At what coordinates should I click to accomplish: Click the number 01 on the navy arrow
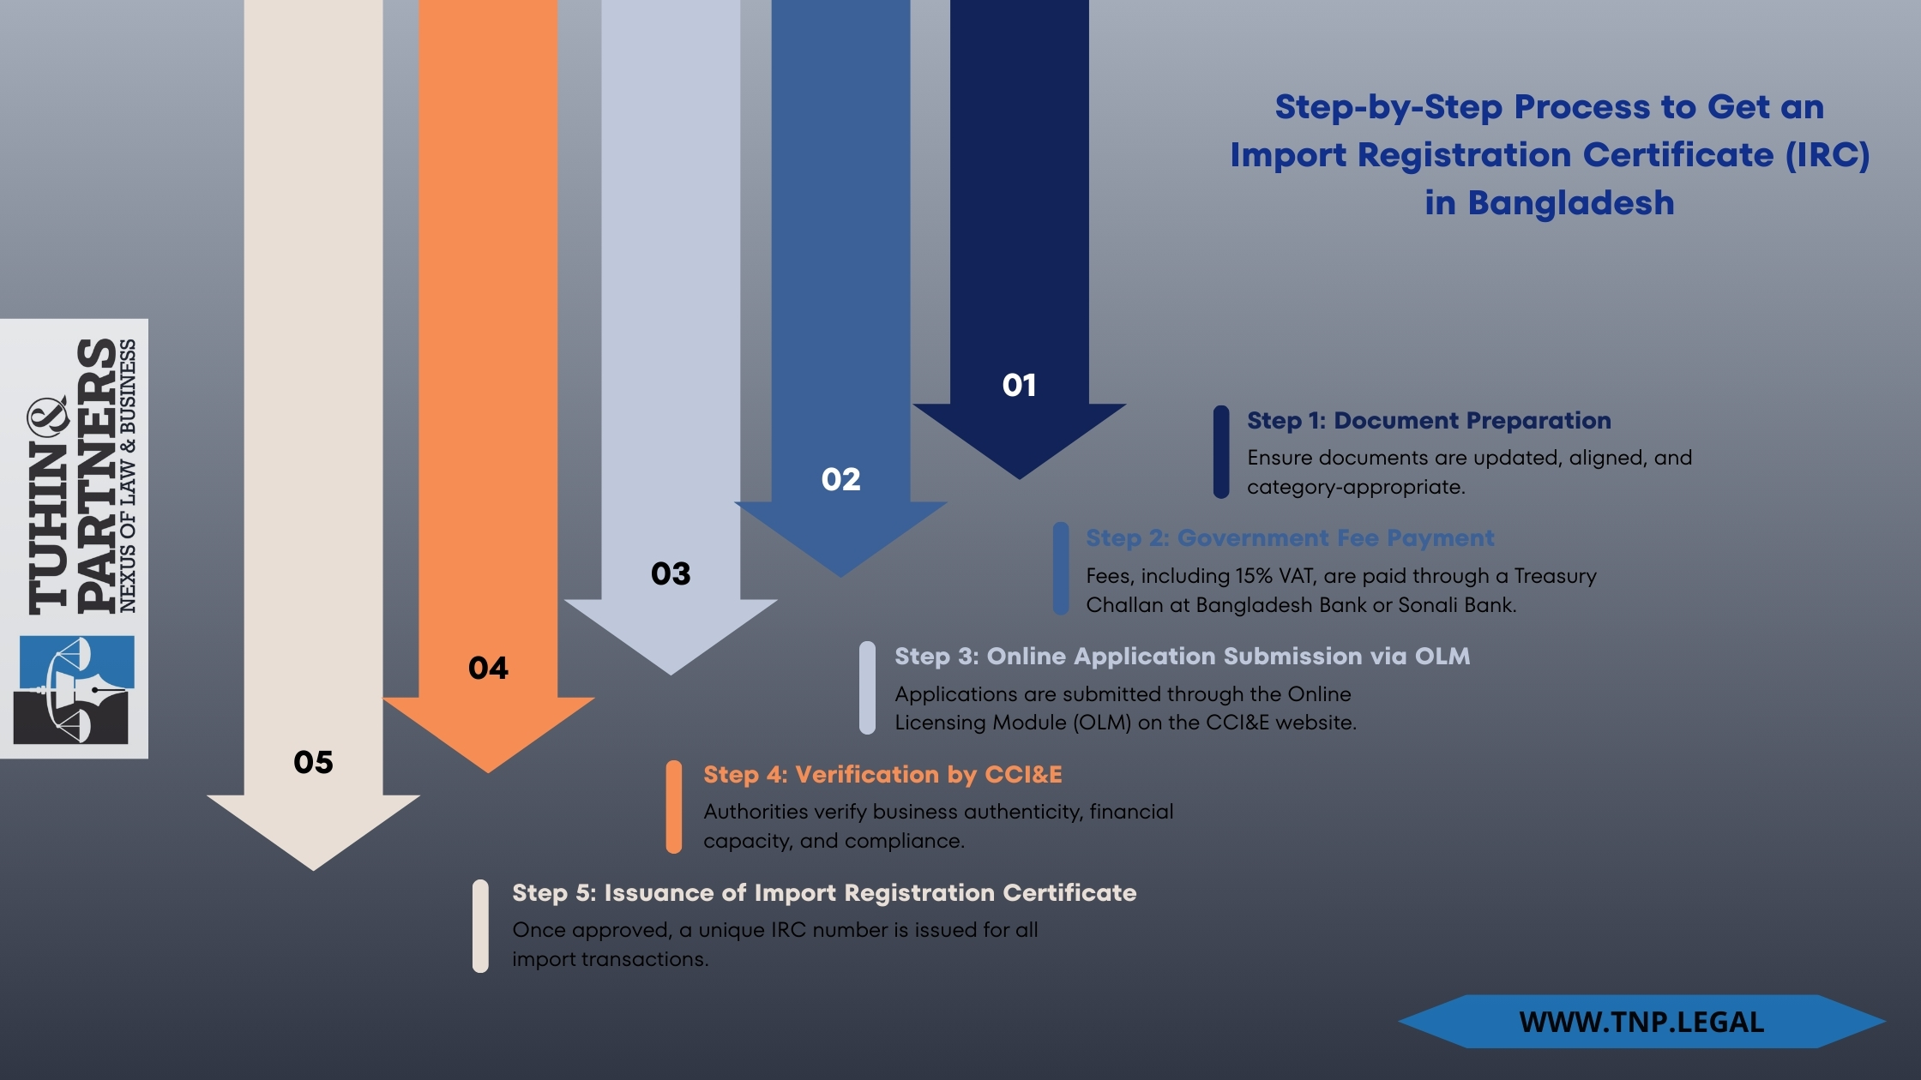point(1019,385)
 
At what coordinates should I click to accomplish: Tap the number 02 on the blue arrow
point(840,479)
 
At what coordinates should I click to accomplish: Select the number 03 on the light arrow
point(671,573)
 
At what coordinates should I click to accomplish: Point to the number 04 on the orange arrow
point(488,668)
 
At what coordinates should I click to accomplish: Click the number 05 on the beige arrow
point(313,762)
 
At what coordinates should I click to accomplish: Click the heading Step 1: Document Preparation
point(1428,421)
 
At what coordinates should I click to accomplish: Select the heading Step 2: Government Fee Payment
point(1289,538)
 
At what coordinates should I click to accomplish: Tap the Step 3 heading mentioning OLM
point(1182,657)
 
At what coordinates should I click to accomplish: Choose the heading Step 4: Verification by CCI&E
point(882,775)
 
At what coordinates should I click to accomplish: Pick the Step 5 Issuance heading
point(823,893)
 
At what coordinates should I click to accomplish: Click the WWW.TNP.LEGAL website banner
point(1641,1022)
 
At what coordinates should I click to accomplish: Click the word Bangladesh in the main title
point(1570,203)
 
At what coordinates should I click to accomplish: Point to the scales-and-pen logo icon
point(74,689)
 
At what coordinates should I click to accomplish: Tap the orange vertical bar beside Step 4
point(674,807)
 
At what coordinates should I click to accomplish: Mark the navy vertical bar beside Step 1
point(1221,452)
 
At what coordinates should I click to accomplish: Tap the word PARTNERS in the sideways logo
point(96,476)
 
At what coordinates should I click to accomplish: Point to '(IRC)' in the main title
point(1827,155)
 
